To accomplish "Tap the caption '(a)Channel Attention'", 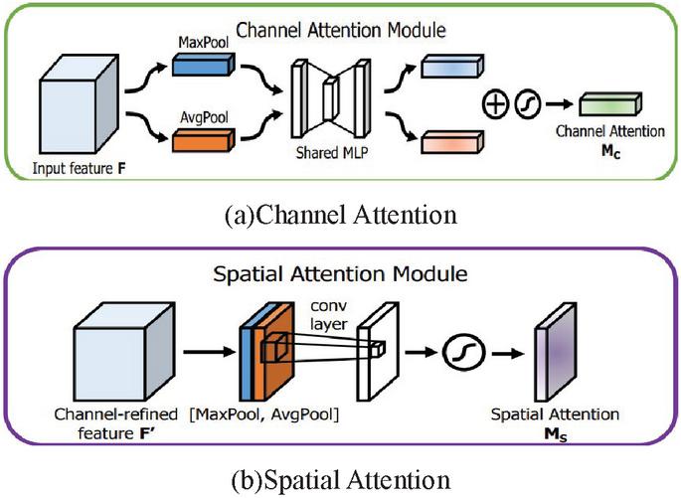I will point(341,212).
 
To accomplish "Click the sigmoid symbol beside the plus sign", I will point(527,103).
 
